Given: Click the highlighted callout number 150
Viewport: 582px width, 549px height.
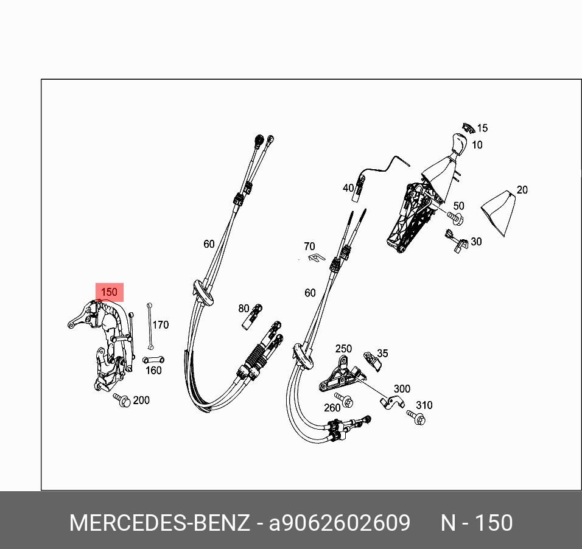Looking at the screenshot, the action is point(109,292).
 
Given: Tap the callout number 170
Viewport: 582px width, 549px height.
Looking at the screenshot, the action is point(160,325).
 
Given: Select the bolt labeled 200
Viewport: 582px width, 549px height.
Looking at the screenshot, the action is point(122,400).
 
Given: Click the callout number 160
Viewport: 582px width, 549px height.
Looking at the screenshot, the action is point(153,370).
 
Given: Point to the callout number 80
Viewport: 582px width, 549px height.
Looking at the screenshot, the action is point(244,309).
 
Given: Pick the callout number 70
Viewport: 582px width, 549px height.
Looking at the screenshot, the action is point(309,247).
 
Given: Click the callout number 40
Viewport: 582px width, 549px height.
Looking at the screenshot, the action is point(348,188).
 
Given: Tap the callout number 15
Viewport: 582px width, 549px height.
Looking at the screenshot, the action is point(482,128).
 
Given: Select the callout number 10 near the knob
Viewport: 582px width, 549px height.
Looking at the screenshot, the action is point(477,145).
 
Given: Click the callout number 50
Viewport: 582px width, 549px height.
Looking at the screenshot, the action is point(458,206).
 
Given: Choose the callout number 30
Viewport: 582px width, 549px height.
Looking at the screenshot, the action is point(476,242).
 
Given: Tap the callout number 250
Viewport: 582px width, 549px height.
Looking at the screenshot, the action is point(343,349).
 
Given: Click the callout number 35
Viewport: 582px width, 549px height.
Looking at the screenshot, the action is point(382,353).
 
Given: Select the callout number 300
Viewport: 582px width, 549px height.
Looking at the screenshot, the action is point(402,389).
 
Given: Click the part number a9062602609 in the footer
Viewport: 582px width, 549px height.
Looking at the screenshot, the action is point(340,523).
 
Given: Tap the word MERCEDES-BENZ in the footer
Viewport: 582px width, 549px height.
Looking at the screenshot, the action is point(159,523).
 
